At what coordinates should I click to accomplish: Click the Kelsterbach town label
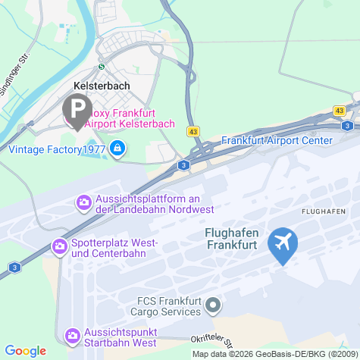(101, 86)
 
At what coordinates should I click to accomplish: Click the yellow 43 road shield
(194, 132)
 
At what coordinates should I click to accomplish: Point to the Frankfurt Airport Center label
(277, 141)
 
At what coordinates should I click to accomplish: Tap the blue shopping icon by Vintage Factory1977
(117, 148)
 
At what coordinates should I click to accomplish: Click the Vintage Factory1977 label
(56, 149)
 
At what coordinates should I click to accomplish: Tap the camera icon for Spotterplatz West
(59, 246)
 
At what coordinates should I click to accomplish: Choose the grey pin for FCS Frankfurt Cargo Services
(213, 305)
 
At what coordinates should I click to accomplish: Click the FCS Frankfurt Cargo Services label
(158, 305)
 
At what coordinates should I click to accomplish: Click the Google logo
(26, 351)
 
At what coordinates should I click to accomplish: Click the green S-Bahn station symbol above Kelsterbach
(102, 65)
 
